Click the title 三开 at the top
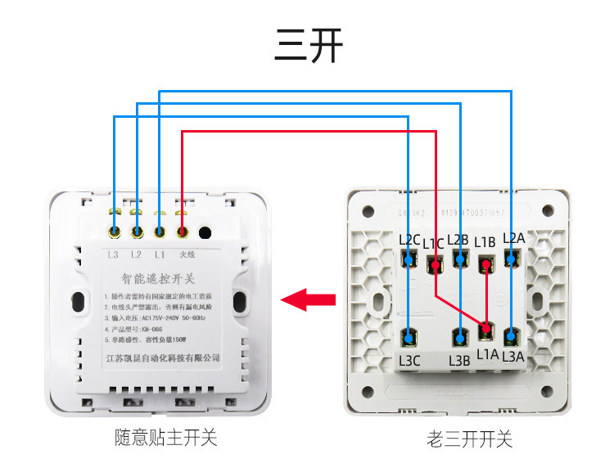click(x=308, y=47)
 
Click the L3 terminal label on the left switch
click(x=114, y=255)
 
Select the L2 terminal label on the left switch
click(x=137, y=255)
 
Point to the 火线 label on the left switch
click(x=186, y=255)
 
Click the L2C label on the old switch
click(x=409, y=241)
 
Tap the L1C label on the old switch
click(x=434, y=243)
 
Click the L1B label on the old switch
click(x=485, y=242)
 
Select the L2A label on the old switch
click(x=513, y=238)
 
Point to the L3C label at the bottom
click(x=409, y=360)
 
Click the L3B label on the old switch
click(x=459, y=360)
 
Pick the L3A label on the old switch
click(x=513, y=355)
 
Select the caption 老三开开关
click(x=469, y=439)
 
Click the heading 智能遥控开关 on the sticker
click(x=157, y=279)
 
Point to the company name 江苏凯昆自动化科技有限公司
click(x=163, y=358)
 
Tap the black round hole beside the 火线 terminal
click(x=205, y=232)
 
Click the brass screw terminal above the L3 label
click(x=115, y=232)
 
